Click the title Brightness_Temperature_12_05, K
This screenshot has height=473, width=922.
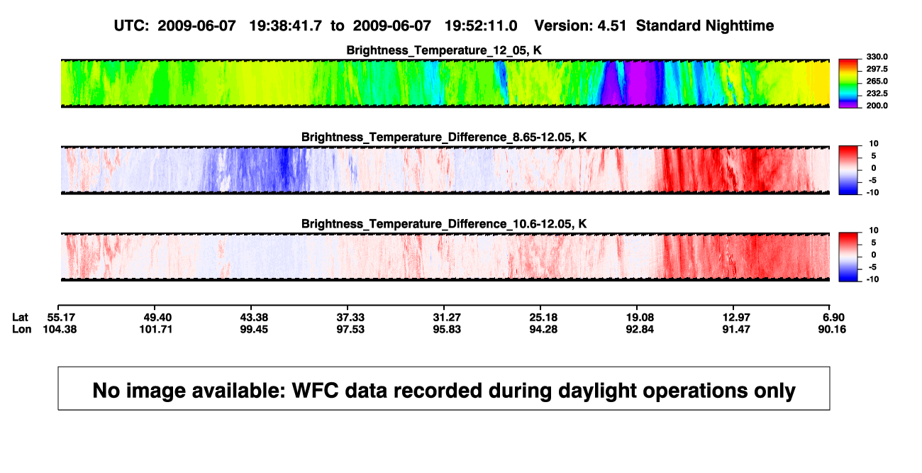pyautogui.click(x=444, y=50)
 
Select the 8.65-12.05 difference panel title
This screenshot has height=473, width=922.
pyautogui.click(x=444, y=137)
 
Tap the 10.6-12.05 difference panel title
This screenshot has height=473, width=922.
pyautogui.click(x=444, y=224)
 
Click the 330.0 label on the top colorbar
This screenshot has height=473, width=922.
pyautogui.click(x=877, y=57)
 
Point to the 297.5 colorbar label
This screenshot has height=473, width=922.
pyautogui.click(x=877, y=69)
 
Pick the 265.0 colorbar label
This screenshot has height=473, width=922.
pyautogui.click(x=877, y=81)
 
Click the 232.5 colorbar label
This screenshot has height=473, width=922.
pyautogui.click(x=877, y=94)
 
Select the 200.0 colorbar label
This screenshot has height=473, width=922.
pyautogui.click(x=877, y=106)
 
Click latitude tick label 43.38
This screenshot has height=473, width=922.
pyautogui.click(x=254, y=318)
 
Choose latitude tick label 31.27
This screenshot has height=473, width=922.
pyautogui.click(x=447, y=318)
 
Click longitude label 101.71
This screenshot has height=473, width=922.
pyautogui.click(x=155, y=329)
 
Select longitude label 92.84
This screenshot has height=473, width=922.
pyautogui.click(x=640, y=329)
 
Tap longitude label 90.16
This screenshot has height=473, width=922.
pyautogui.click(x=832, y=329)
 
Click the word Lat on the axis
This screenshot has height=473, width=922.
pyautogui.click(x=20, y=318)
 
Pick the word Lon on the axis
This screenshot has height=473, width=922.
pyautogui.click(x=22, y=329)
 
